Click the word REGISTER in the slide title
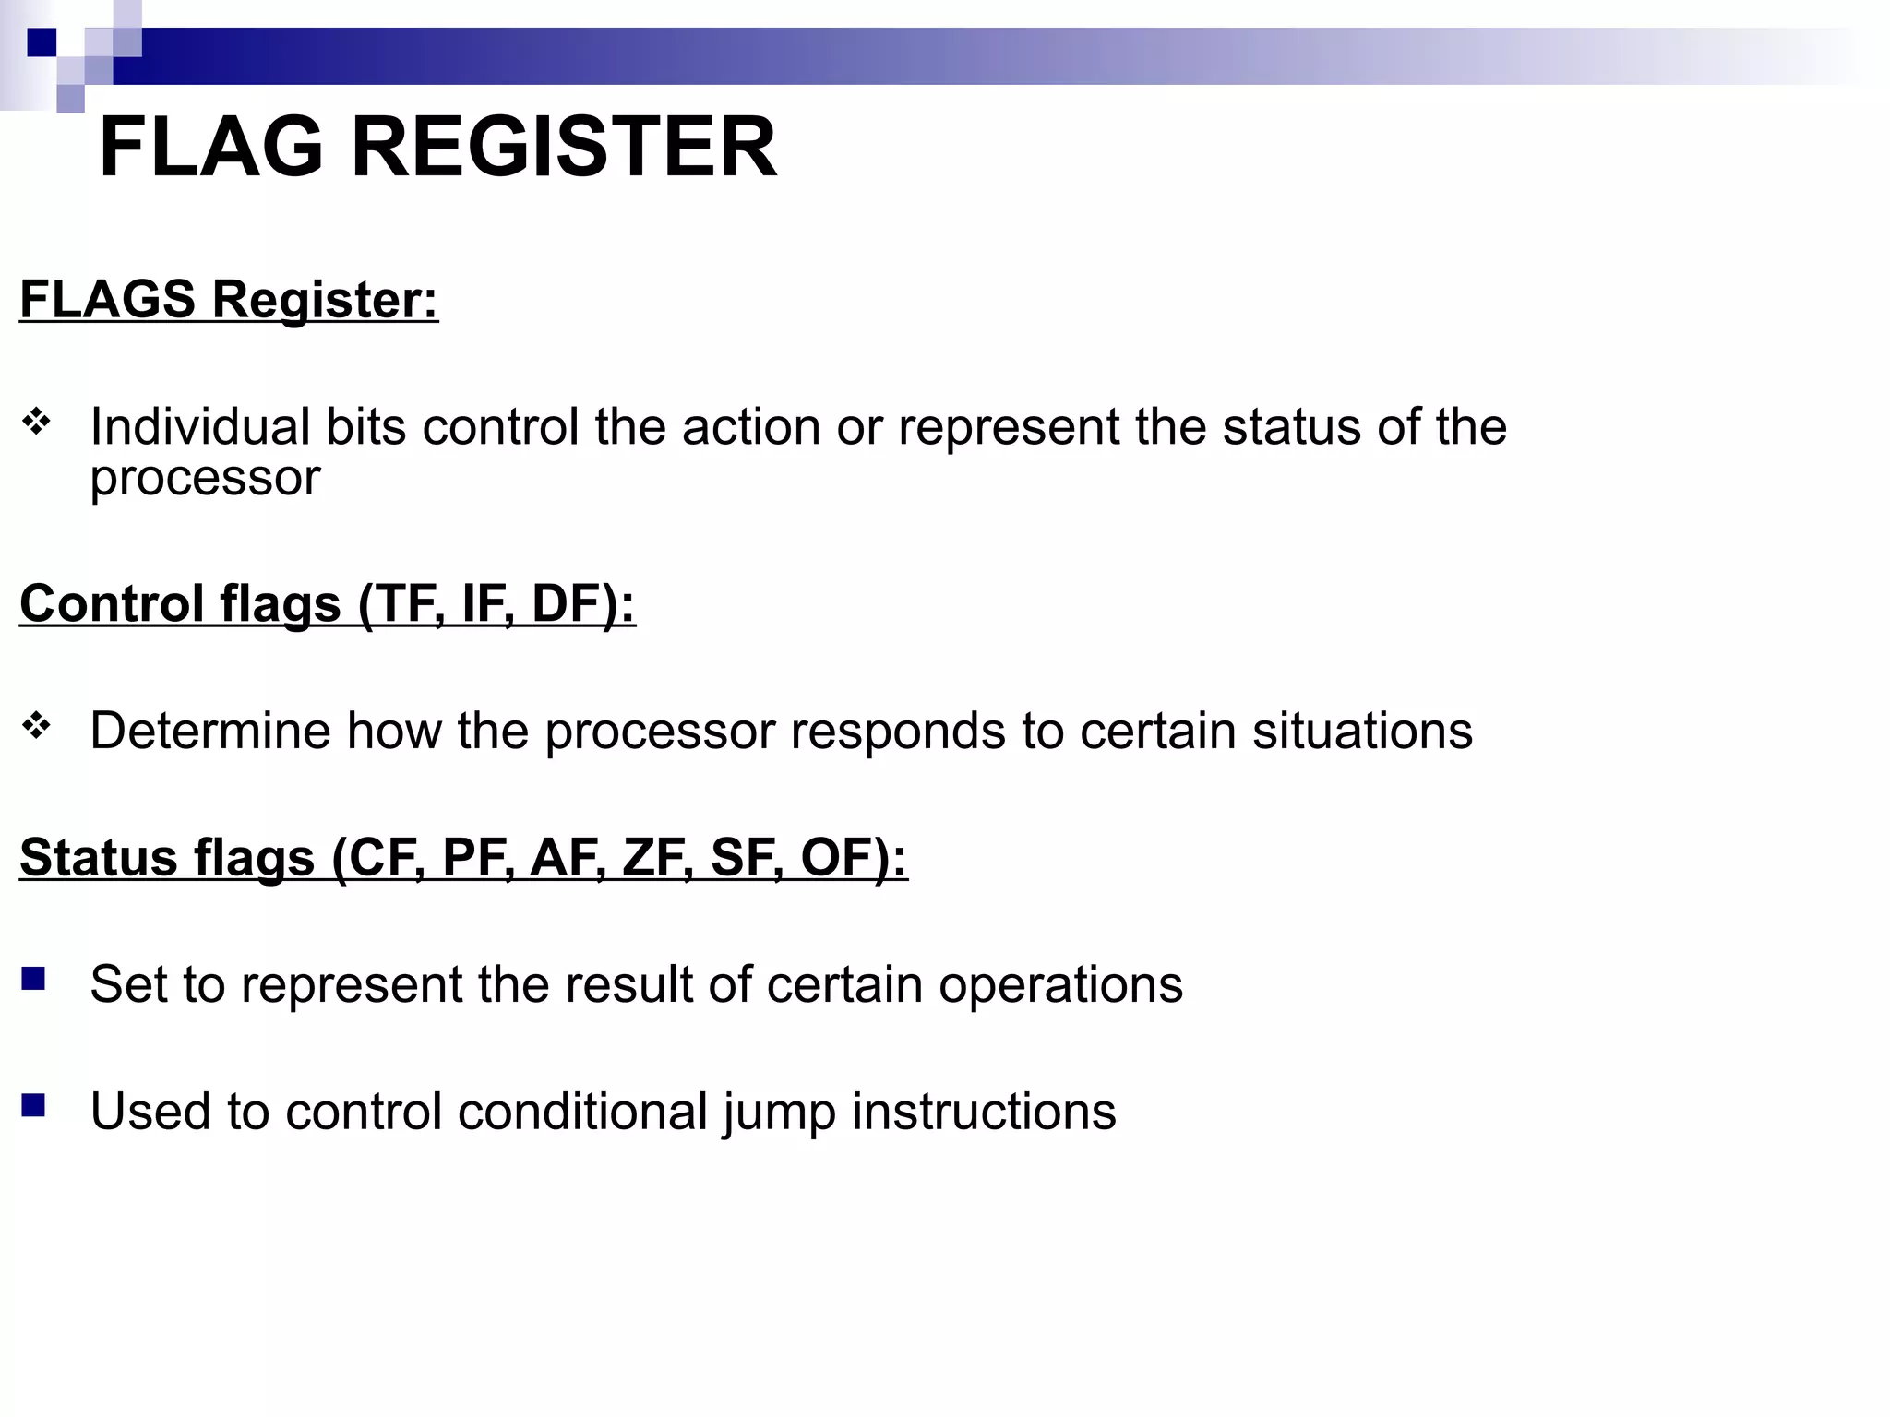coord(564,148)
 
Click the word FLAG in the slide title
coord(211,148)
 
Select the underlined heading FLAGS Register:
coord(229,300)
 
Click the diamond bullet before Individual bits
coord(37,423)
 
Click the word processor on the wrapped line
coord(205,479)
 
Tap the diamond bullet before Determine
coord(37,726)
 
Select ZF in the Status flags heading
coord(653,858)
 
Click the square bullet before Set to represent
coord(34,979)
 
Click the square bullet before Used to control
coord(34,1105)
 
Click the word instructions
coord(984,1112)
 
